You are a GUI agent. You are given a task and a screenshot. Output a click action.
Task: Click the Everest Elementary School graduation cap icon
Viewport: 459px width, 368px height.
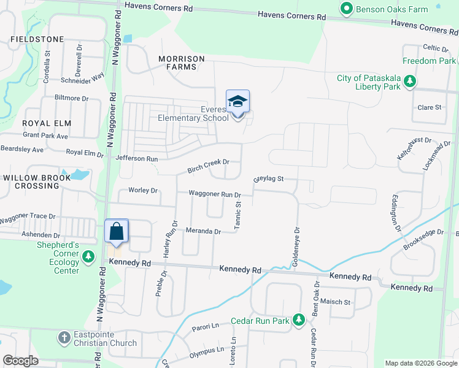(x=237, y=102)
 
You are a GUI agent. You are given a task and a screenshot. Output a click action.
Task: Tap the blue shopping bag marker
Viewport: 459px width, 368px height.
(x=117, y=232)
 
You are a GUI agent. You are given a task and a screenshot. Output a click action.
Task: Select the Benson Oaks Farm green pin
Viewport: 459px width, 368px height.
(x=346, y=9)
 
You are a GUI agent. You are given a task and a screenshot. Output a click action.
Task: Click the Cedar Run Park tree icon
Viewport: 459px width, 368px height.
(x=299, y=320)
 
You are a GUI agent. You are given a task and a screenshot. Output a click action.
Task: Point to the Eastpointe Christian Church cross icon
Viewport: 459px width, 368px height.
(x=64, y=337)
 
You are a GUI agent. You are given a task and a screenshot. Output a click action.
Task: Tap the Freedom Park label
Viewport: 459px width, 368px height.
(x=430, y=61)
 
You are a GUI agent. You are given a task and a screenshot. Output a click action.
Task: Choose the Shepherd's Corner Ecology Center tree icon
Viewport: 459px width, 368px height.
(x=89, y=256)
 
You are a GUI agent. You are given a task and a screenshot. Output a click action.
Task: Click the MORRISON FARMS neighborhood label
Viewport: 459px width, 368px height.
(x=182, y=63)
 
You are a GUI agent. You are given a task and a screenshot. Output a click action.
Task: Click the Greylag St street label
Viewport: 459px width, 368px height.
(x=268, y=179)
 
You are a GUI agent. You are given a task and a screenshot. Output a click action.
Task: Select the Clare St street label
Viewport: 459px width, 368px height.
(x=430, y=107)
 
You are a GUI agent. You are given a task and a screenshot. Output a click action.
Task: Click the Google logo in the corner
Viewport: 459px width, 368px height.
(x=21, y=361)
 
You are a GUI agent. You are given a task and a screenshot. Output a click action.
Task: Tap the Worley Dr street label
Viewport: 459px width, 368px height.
(x=143, y=190)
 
